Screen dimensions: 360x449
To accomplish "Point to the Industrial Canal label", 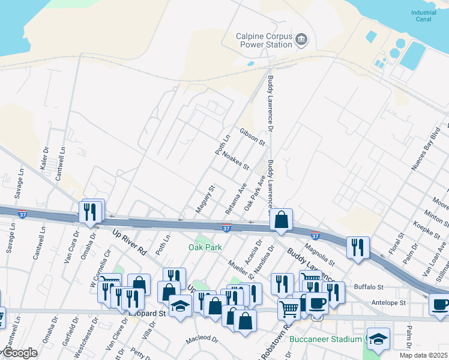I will point(424,16).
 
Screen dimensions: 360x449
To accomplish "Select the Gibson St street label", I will point(252,137).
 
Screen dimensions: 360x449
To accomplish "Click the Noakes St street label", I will point(235,160).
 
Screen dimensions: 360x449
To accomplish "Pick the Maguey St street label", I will point(205,199).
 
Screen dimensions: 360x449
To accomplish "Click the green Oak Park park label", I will point(205,247).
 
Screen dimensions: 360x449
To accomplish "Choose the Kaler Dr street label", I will point(44,158).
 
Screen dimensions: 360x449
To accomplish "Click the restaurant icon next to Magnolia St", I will point(358,247).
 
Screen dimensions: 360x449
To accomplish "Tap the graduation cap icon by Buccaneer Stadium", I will point(378,338).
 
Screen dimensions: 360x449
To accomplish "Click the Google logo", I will point(19,353).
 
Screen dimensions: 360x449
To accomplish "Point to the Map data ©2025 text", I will point(423,355).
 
